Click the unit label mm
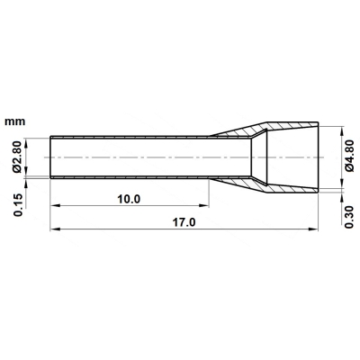coord(15,121)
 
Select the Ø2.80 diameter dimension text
coord(17,157)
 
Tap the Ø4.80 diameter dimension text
coord(349,156)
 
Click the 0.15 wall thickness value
coord(18,205)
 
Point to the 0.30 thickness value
coord(349,217)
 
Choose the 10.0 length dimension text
coord(129,199)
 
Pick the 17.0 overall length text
coord(184,222)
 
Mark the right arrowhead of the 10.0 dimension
coord(204,205)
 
